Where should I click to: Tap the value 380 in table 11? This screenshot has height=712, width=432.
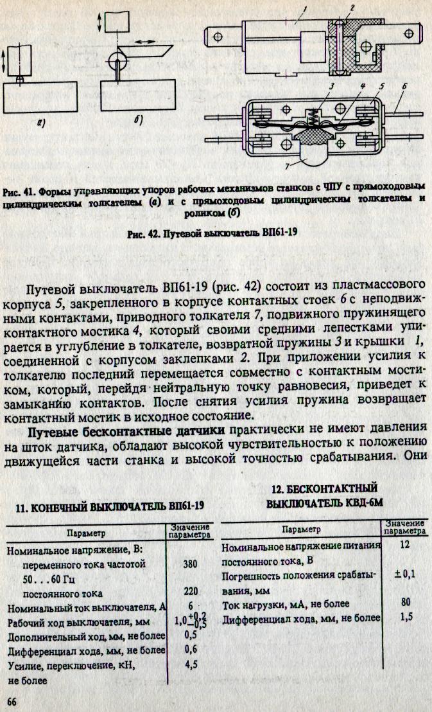click(x=189, y=565)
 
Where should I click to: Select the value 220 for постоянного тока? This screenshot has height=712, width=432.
click(x=189, y=592)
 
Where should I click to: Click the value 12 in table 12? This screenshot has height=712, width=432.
click(x=404, y=545)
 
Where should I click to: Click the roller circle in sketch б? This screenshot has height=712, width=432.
click(x=117, y=62)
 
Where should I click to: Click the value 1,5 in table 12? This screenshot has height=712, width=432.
click(x=404, y=619)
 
